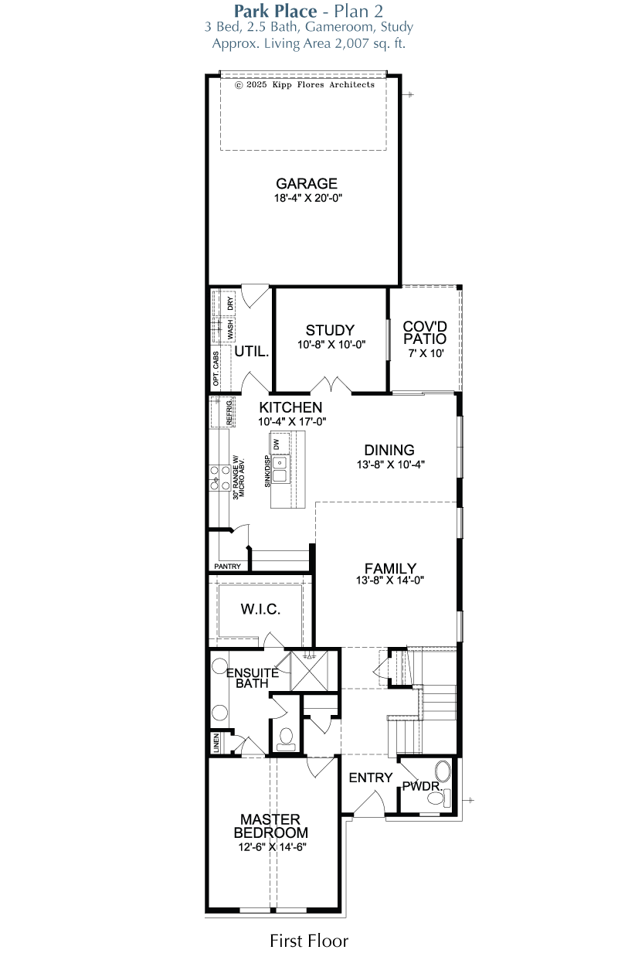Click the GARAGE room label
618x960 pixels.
pos(306,183)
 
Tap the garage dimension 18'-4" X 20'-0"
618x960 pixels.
pos(308,198)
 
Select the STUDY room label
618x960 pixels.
pos(330,330)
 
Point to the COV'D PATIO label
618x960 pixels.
pos(425,332)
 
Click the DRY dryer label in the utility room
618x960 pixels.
pos(230,304)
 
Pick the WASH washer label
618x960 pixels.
pos(230,329)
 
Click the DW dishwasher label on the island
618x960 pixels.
pos(277,444)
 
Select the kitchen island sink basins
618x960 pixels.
pos(279,469)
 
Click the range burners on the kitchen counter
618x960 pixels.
pos(219,478)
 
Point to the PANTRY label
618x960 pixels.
pos(227,566)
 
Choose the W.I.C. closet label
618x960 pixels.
pos(260,609)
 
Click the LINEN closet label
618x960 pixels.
pos(216,743)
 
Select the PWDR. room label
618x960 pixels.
pos(423,786)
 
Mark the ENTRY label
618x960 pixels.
pos(371,778)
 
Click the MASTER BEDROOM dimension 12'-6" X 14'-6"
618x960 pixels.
pos(273,847)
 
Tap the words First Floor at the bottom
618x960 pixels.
pos(309,941)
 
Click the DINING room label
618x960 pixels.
pos(389,450)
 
